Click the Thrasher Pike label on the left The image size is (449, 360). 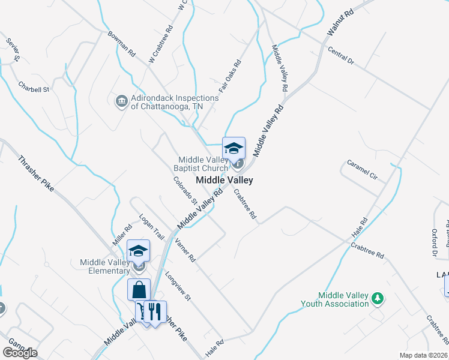pos(37,174)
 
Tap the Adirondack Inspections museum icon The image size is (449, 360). pos(121,100)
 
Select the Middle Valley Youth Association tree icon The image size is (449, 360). pos(378,298)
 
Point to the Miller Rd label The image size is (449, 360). pos(122,235)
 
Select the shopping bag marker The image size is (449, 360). pos(139,289)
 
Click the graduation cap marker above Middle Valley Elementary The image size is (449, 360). pos(139,251)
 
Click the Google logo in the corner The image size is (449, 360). pos(20,353)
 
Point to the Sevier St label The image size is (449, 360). pos(13,50)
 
